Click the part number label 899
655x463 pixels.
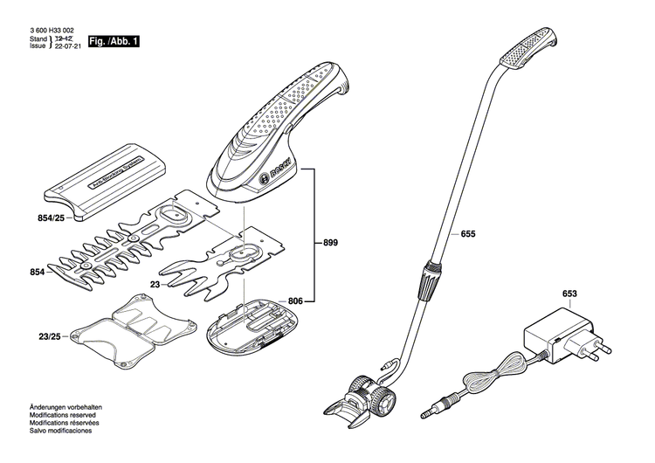[x=330, y=242]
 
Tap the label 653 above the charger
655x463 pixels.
[x=569, y=295]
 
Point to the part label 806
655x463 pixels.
[x=296, y=301]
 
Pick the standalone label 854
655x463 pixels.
[x=37, y=273]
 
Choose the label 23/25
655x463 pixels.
[x=50, y=336]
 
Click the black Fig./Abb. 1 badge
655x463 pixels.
[x=114, y=41]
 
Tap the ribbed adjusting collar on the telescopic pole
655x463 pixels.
[x=429, y=279]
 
